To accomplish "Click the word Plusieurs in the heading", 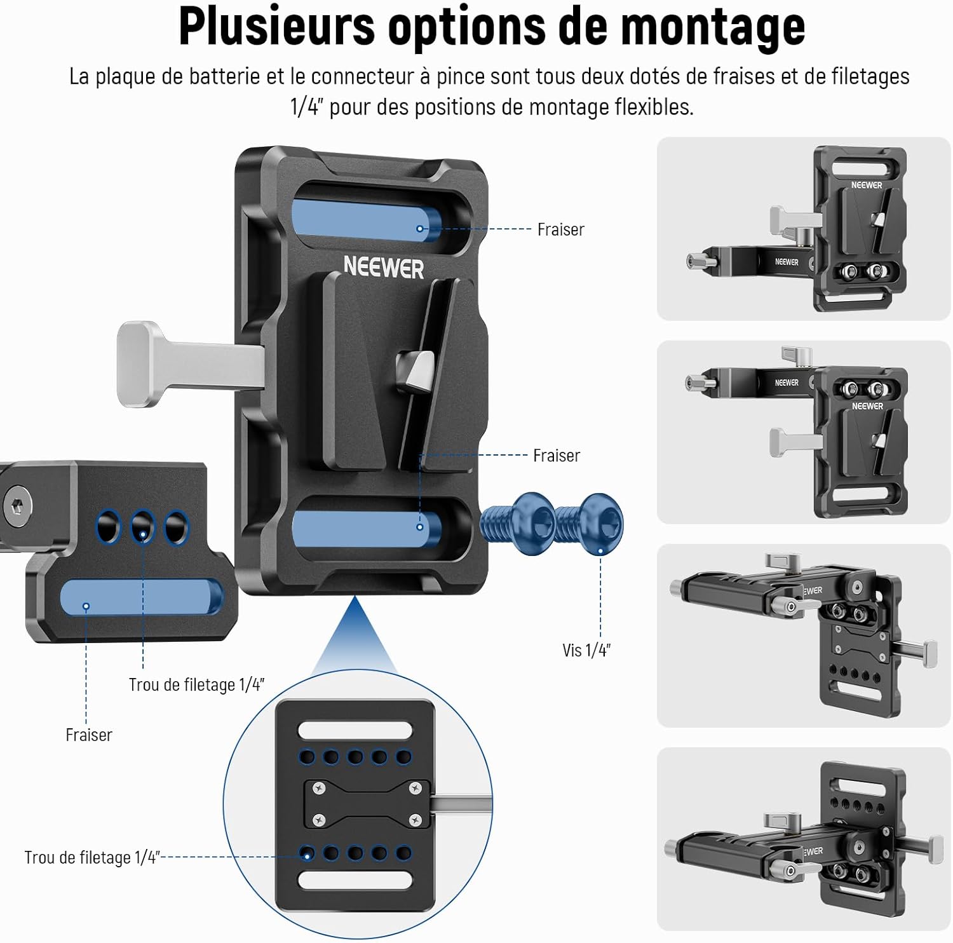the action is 278,25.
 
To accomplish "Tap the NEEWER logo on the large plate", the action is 384,267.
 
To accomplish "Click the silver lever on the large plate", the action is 191,363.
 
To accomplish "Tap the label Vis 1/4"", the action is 586,650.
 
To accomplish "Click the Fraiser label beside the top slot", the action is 560,229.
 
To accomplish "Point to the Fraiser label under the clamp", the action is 89,735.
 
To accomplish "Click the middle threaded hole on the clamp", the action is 142,527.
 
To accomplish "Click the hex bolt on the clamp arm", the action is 15,507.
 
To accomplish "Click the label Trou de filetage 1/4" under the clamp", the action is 196,684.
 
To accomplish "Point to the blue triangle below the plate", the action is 355,636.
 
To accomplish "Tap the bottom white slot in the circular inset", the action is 355,880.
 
